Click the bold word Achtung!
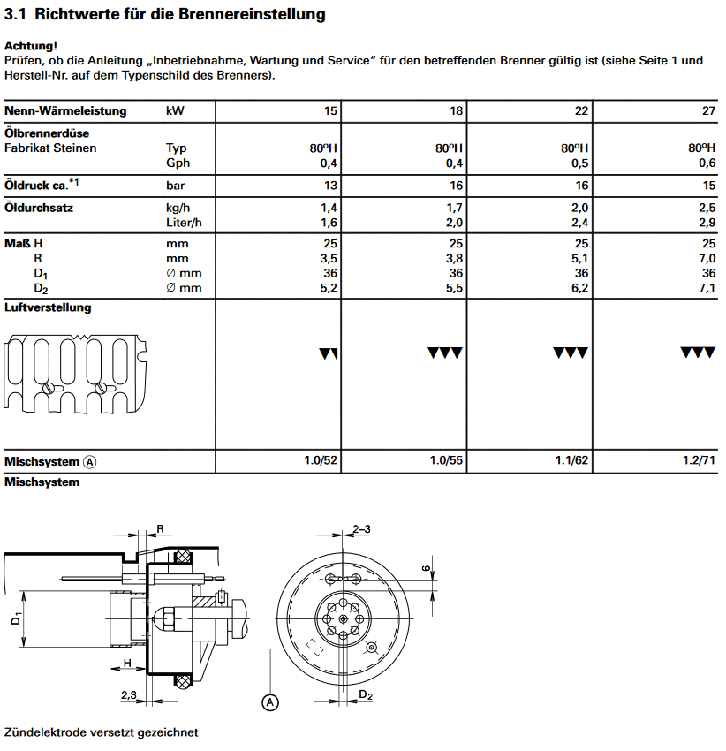tap(31, 45)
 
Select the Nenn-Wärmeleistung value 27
tap(707, 111)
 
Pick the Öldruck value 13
tap(329, 186)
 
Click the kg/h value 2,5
tap(707, 209)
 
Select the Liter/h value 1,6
tap(329, 222)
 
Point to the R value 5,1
tap(579, 259)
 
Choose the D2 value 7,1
tap(707, 288)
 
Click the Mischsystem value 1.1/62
tap(571, 461)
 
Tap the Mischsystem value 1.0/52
tap(320, 461)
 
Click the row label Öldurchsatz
tap(38, 209)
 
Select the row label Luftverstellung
tap(48, 307)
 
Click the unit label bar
tap(177, 186)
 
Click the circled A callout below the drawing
tap(270, 702)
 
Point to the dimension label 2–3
tap(361, 528)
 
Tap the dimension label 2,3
tap(129, 695)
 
